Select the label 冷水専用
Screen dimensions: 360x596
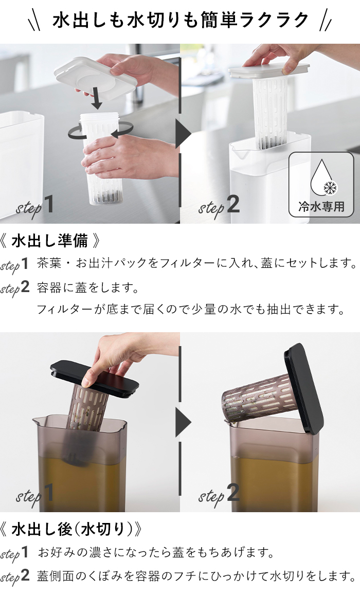tap(321, 207)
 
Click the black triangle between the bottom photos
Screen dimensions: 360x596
tap(183, 422)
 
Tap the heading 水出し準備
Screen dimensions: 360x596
tap(49, 241)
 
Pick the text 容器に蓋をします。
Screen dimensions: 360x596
tap(88, 288)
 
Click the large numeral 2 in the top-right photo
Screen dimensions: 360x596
tap(232, 205)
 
